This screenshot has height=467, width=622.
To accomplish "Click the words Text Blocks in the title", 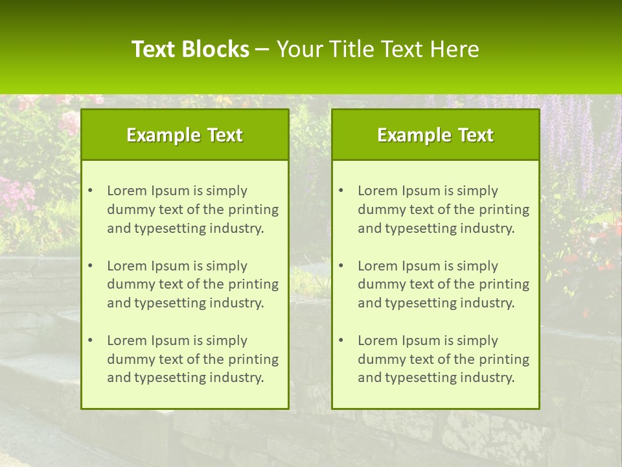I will click(190, 49).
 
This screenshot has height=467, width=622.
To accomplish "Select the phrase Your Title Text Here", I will click(378, 49).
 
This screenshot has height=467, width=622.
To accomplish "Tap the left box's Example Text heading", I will click(185, 135).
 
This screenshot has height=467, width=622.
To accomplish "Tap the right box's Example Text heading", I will click(435, 135).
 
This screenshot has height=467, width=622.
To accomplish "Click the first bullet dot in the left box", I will click(91, 191).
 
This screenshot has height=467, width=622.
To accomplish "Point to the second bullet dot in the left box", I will click(91, 266).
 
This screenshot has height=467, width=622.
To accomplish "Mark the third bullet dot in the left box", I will click(91, 341).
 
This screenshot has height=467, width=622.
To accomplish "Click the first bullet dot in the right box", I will click(341, 191).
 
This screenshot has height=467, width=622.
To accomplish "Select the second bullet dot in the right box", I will click(341, 266).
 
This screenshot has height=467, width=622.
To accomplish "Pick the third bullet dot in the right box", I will click(341, 341).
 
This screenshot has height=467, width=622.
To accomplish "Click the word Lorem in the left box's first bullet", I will click(127, 191).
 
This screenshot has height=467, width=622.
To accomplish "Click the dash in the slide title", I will click(262, 50).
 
